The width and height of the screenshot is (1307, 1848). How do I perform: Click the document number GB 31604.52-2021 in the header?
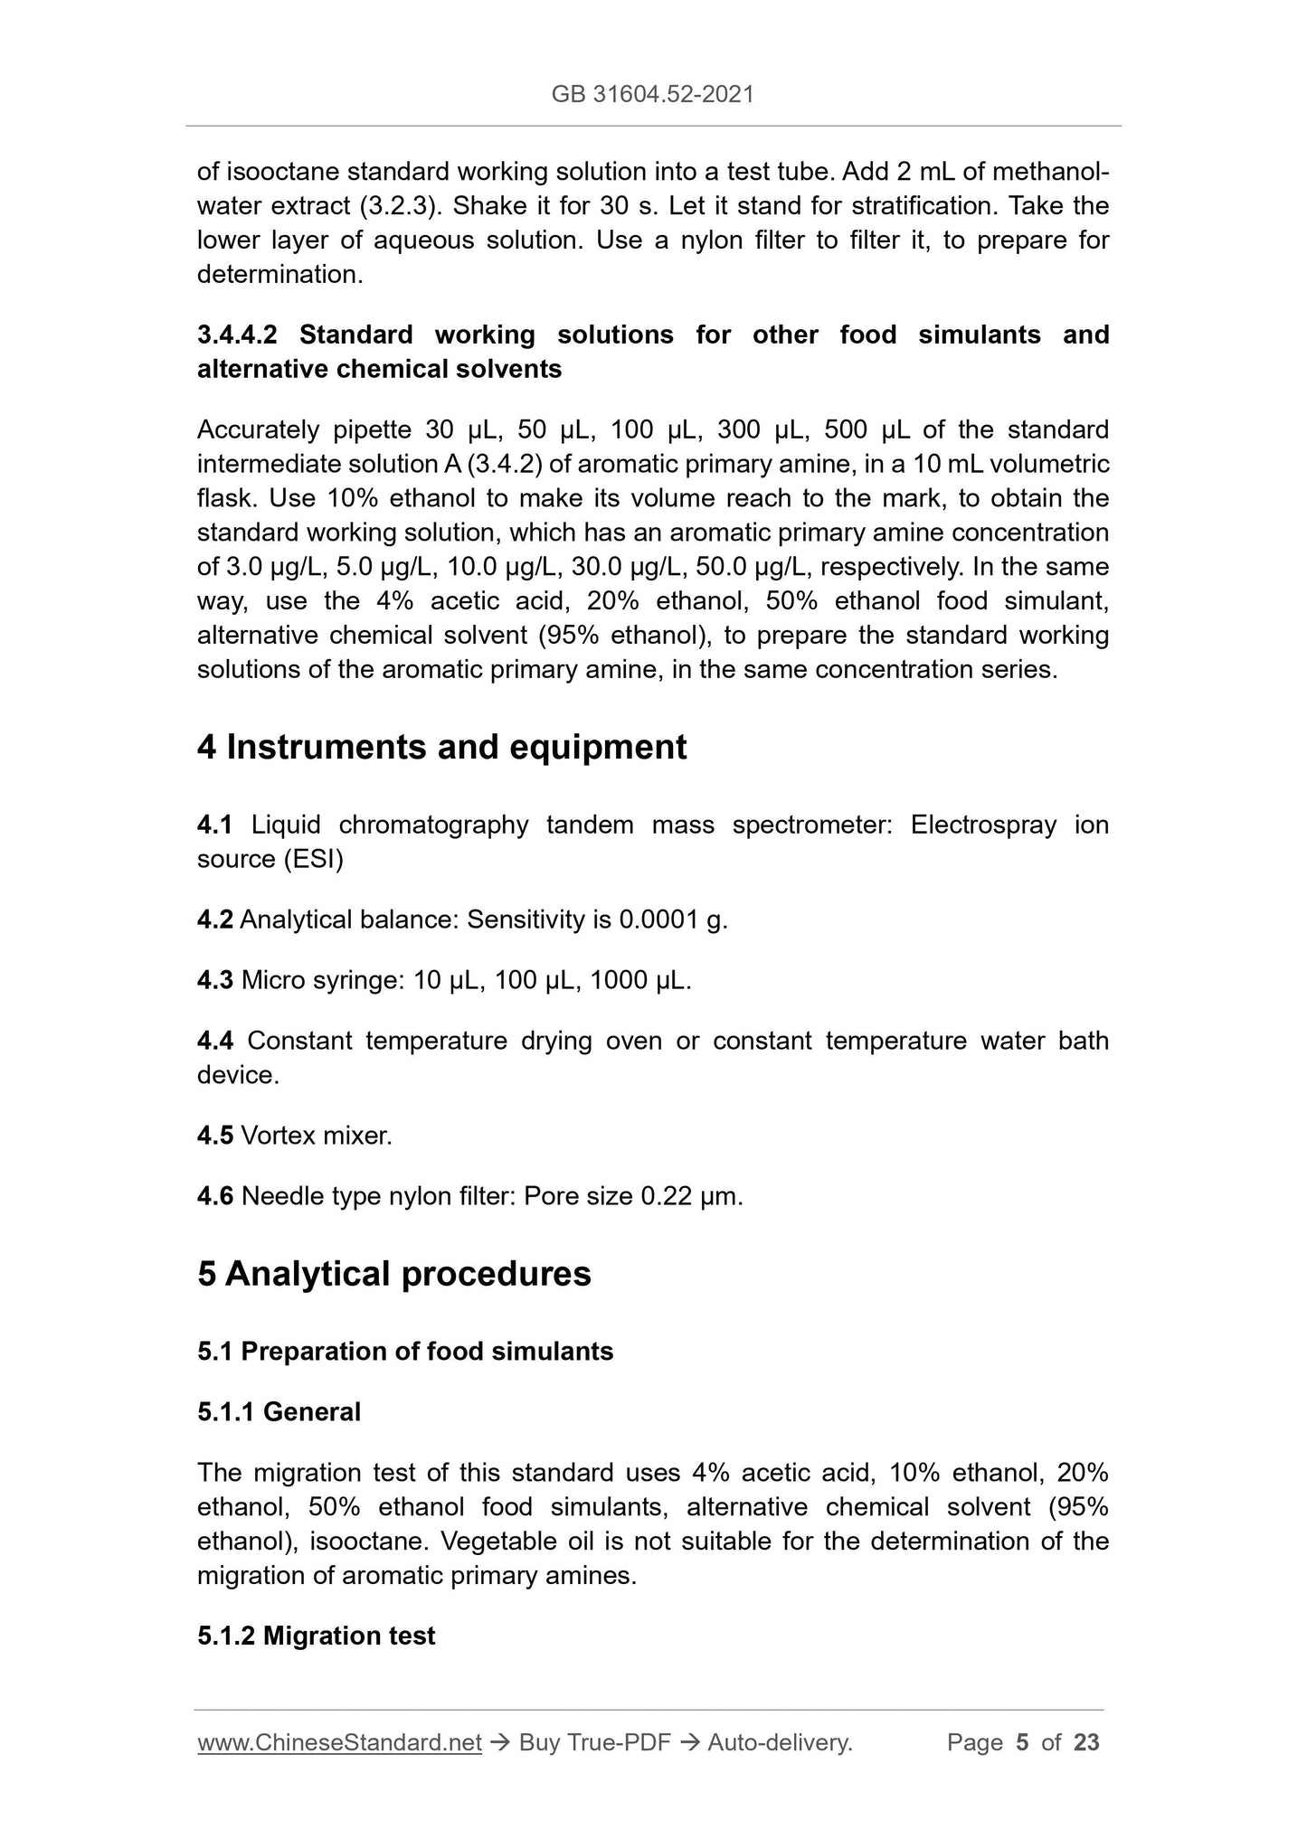tap(652, 94)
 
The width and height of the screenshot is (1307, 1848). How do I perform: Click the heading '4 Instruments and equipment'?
tap(441, 748)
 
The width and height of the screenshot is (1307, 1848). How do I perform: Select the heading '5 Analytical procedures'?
tap(393, 1274)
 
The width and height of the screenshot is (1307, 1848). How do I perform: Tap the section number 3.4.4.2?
tap(237, 335)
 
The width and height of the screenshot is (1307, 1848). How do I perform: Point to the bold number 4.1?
tap(214, 825)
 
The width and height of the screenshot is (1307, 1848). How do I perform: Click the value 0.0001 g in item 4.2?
tap(673, 920)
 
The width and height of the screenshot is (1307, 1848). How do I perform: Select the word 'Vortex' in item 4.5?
tap(278, 1136)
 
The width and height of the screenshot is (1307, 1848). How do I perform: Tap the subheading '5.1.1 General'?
tap(279, 1412)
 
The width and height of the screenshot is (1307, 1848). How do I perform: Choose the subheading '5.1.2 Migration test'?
tap(316, 1636)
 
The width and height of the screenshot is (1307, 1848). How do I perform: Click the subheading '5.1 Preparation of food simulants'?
tap(405, 1352)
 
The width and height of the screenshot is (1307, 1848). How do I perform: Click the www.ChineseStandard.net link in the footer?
tap(339, 1743)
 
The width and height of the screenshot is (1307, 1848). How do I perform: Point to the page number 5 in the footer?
tap(1022, 1743)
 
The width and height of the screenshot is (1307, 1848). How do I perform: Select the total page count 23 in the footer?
tap(1086, 1743)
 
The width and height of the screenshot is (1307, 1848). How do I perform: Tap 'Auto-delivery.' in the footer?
tap(780, 1743)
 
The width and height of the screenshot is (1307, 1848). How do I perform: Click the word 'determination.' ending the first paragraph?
tap(279, 275)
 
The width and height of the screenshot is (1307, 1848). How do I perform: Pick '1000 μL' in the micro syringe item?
tap(639, 981)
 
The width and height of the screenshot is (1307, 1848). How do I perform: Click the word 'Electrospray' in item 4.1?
tap(983, 825)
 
